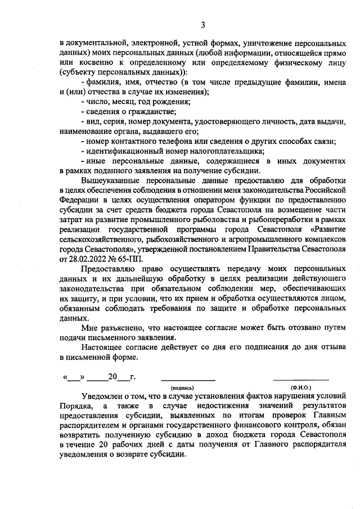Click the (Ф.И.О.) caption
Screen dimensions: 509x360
coord(301,388)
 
